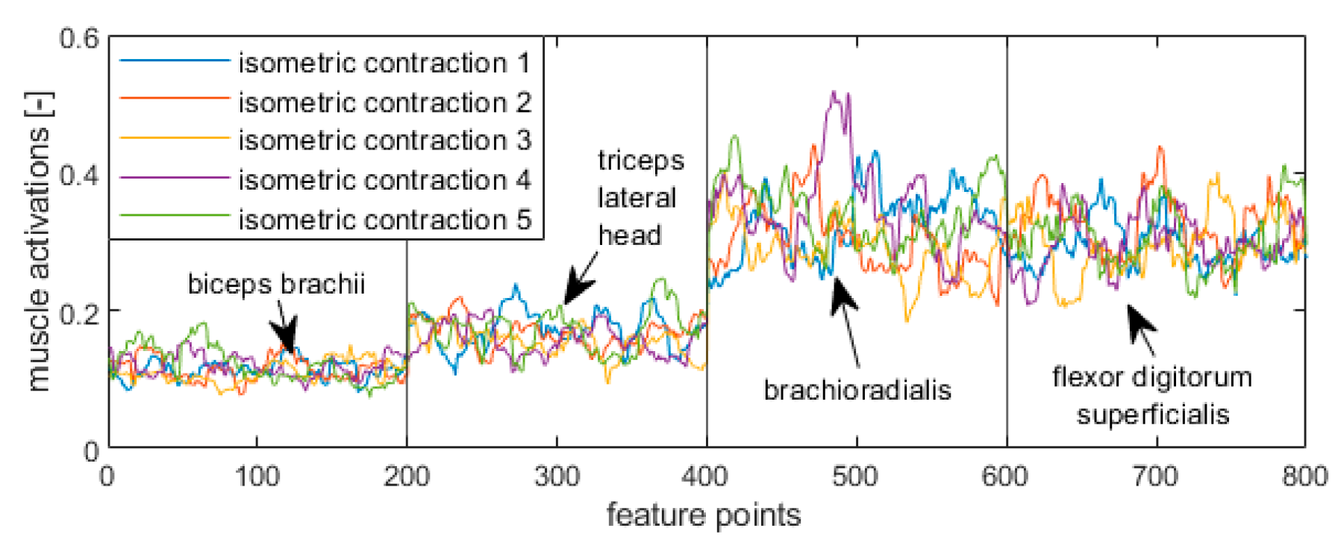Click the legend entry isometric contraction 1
pos(384,63)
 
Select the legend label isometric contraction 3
pos(384,140)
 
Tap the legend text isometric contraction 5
pos(384,220)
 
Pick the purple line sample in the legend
pos(174,179)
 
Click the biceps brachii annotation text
pos(276,284)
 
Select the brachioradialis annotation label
pos(857,389)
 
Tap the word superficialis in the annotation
pos(1152,414)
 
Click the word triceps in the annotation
pos(640,160)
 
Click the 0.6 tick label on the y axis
pos(78,38)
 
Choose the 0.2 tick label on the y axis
pos(78,313)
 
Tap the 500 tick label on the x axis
pos(855,476)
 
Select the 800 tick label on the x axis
pos(1304,476)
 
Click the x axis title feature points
pos(703,515)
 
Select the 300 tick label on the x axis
pos(556,476)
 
